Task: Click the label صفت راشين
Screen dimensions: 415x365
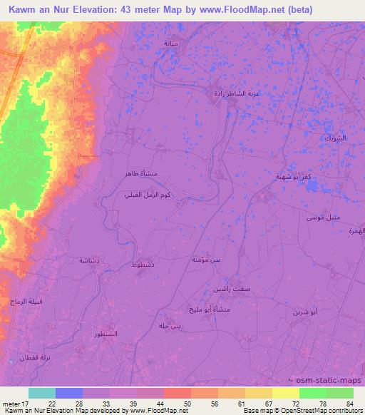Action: (x=228, y=289)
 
